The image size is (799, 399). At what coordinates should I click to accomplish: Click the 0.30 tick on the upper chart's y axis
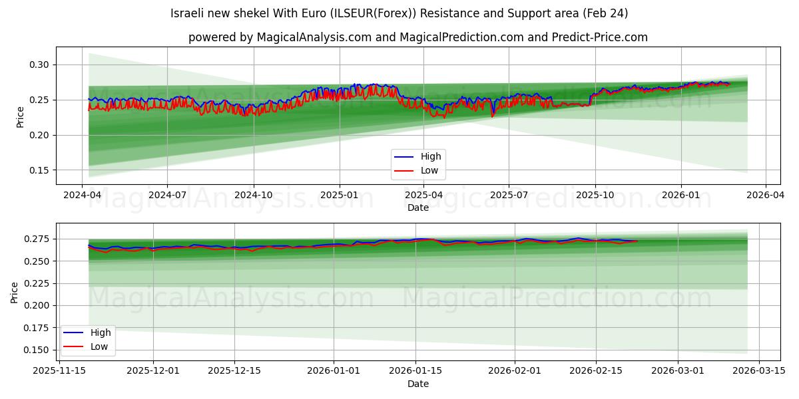click(39, 65)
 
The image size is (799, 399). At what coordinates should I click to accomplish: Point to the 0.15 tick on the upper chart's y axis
click(39, 170)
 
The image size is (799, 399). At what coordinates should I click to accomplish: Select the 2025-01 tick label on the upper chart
click(340, 196)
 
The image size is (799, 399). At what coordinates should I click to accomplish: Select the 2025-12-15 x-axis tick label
click(234, 370)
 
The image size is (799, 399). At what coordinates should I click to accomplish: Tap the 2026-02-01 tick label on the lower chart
click(515, 370)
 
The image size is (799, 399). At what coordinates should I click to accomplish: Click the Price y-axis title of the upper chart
click(20, 117)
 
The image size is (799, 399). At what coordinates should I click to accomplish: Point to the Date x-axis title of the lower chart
click(417, 384)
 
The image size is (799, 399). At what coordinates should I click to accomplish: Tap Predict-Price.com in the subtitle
click(599, 37)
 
